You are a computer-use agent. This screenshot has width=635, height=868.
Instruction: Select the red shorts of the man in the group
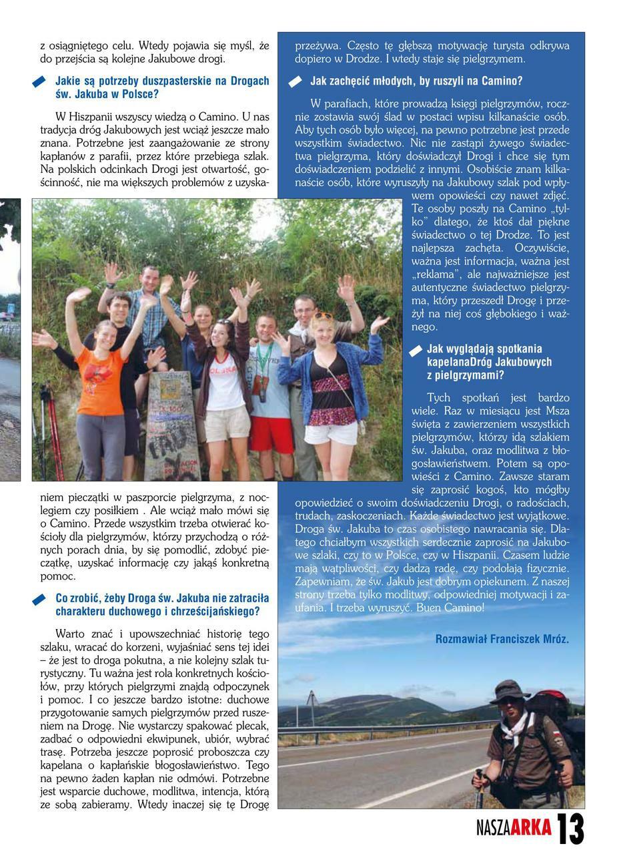(271, 434)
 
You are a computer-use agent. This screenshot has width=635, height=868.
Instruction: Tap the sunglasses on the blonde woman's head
(323, 315)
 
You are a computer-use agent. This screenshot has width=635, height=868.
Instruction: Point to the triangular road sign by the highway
(311, 700)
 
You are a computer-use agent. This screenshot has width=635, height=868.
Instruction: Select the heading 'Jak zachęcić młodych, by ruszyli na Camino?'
(416, 81)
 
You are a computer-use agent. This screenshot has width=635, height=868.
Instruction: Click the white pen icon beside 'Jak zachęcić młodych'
(295, 82)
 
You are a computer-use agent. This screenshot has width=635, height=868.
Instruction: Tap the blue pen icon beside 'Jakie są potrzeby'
(39, 82)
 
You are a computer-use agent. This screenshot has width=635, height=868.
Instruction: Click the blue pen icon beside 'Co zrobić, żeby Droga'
(39, 600)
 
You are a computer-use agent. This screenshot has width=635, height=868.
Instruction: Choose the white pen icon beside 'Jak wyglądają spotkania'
(416, 351)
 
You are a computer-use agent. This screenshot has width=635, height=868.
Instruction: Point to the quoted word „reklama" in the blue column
(438, 274)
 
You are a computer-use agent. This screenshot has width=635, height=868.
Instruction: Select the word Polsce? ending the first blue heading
(140, 94)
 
